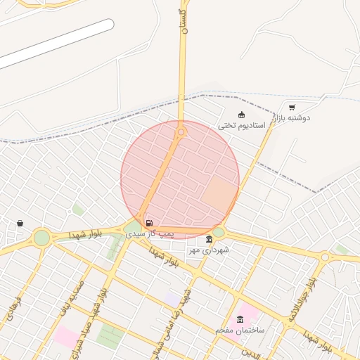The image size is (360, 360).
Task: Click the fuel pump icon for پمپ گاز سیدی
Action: (x=148, y=223)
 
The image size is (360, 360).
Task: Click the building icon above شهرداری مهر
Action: (x=210, y=240)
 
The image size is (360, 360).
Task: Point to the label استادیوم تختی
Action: (x=241, y=125)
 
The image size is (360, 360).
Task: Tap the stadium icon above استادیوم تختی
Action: (x=242, y=115)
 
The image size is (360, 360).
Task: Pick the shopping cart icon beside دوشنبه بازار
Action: (x=292, y=108)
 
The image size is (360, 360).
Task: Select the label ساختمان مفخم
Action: (x=240, y=329)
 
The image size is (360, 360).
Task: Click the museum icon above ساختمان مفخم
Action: (x=240, y=320)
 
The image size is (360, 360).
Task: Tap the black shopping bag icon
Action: (x=20, y=224)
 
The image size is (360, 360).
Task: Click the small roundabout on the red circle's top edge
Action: (x=181, y=131)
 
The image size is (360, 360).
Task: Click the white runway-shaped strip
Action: (x=56, y=44)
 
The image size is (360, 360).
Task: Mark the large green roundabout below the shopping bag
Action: (x=41, y=238)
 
